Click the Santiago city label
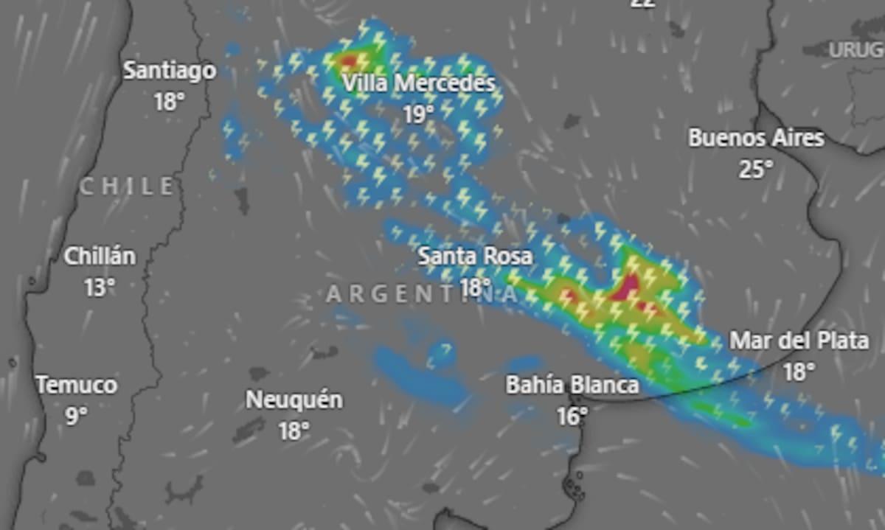click(x=170, y=71)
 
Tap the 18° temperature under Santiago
click(x=169, y=101)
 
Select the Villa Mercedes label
click(x=419, y=83)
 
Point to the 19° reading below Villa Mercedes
click(x=419, y=114)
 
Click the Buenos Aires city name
click(x=756, y=138)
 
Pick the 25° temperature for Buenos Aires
click(x=756, y=170)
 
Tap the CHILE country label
click(x=127, y=186)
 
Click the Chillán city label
click(x=100, y=257)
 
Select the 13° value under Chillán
click(x=100, y=287)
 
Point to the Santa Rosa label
click(x=475, y=257)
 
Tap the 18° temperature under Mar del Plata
click(x=799, y=372)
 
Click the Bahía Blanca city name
click(x=572, y=385)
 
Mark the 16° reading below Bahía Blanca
click(x=572, y=416)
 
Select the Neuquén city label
click(x=294, y=400)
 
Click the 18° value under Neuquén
click(x=294, y=431)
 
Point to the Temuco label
click(x=77, y=385)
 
